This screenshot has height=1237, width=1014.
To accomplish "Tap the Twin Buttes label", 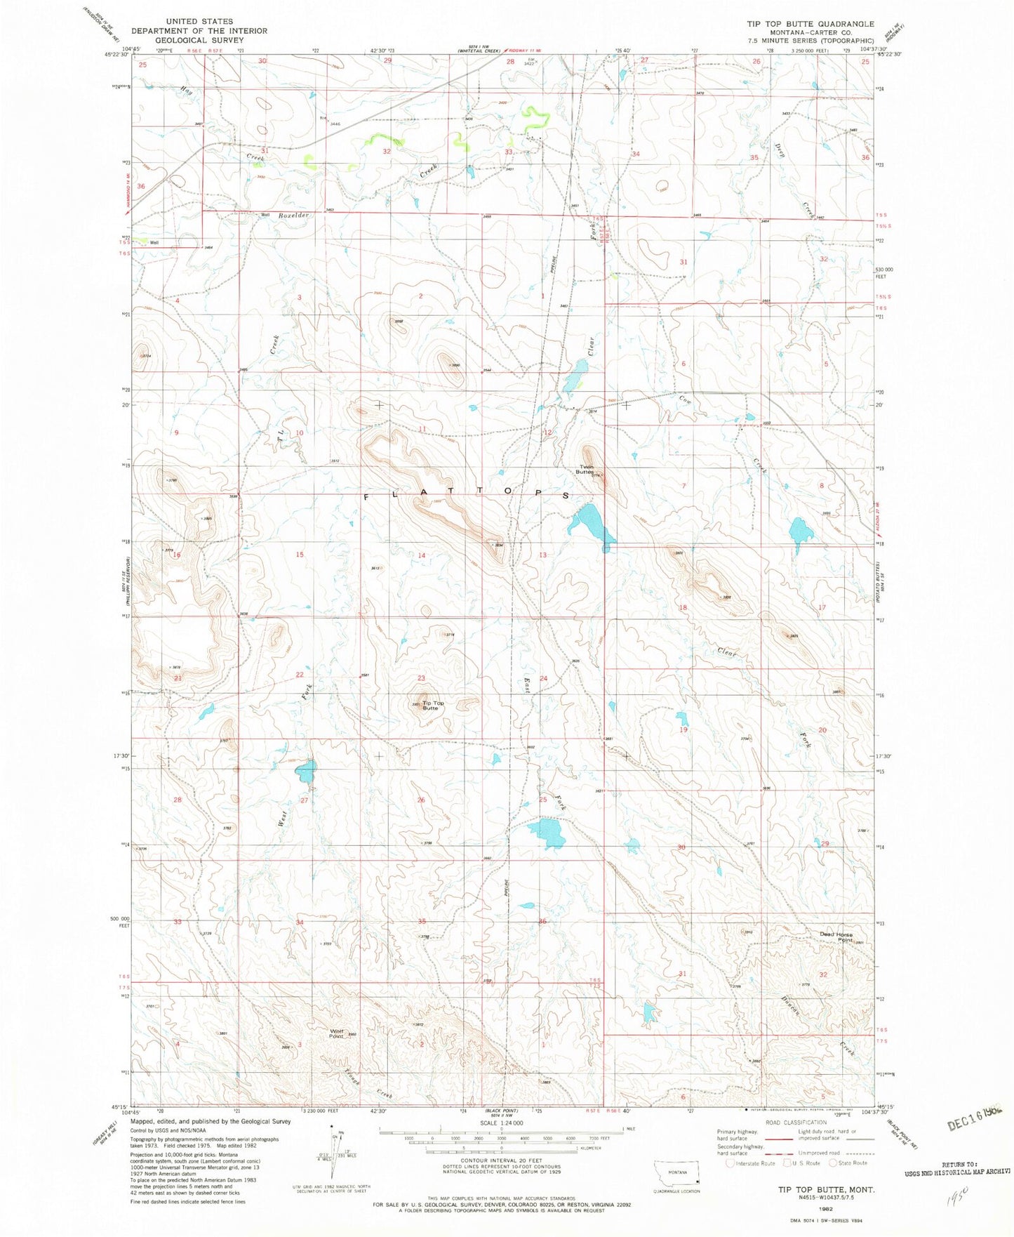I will click(x=585, y=469).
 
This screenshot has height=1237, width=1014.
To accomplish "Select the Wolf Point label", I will click(x=337, y=1033).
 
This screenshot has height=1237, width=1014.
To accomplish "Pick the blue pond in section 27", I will click(x=307, y=772).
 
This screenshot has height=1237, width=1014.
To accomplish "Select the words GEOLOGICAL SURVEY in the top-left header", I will click(x=199, y=40).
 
